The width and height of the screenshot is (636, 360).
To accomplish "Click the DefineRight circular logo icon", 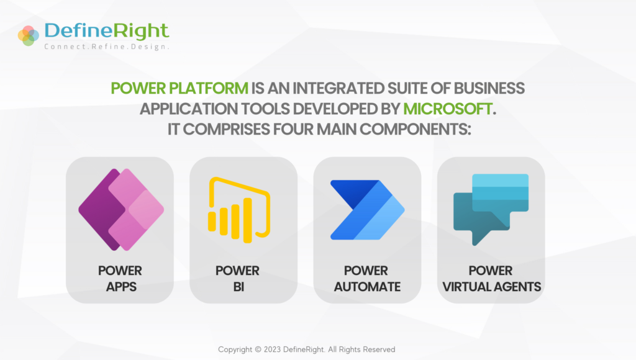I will (x=29, y=35).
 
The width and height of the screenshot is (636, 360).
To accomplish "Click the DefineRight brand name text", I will (x=106, y=30).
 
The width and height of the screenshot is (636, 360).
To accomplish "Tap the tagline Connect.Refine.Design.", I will (x=106, y=47).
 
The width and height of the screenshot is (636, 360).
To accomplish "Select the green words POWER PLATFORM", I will (x=179, y=88).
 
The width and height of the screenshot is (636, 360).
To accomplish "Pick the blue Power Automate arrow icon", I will (x=366, y=210).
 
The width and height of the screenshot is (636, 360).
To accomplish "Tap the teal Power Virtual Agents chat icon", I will (x=491, y=209).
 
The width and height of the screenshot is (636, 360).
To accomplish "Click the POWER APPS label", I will (x=120, y=279).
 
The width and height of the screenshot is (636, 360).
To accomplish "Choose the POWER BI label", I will (x=238, y=279).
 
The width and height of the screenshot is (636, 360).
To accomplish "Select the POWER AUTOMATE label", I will (x=367, y=279).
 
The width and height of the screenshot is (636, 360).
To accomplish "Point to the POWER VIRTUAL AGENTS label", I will (x=491, y=279).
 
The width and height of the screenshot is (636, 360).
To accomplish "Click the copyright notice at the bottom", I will (x=306, y=349).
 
